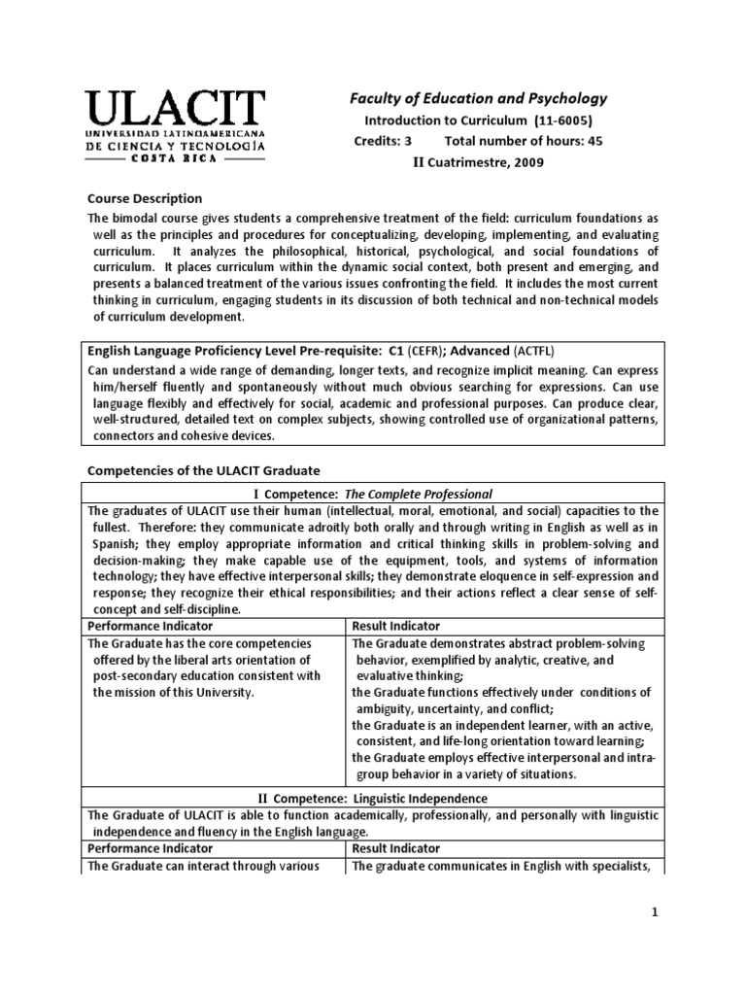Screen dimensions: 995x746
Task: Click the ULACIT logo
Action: point(176,126)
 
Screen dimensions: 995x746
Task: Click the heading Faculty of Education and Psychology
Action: point(478,98)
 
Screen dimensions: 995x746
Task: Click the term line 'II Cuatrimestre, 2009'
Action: point(478,162)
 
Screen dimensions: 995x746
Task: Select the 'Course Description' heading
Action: point(145,198)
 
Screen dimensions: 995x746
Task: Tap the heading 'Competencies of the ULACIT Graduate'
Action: point(203,470)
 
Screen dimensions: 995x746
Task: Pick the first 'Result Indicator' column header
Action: point(395,627)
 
